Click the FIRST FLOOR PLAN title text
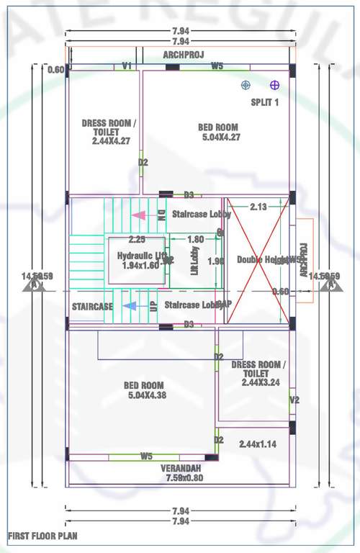[x=42, y=536]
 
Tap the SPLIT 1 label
[x=264, y=102]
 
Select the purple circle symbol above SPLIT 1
[x=274, y=85]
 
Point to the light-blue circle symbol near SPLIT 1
[x=246, y=85]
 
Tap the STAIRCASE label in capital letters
[x=92, y=307]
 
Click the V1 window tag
[x=127, y=66]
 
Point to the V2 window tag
[x=294, y=400]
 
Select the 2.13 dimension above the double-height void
[x=258, y=207]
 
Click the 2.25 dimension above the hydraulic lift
[x=137, y=239]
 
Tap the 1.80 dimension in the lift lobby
[x=194, y=239]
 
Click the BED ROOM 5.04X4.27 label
[x=219, y=132]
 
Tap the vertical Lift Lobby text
[x=194, y=261]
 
